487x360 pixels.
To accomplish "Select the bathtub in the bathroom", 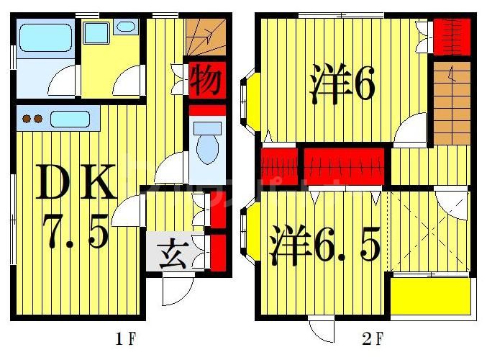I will coord(45,37).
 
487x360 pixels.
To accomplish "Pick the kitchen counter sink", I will coord(70,119).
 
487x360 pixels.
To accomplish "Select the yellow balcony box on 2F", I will coord(430,296).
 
